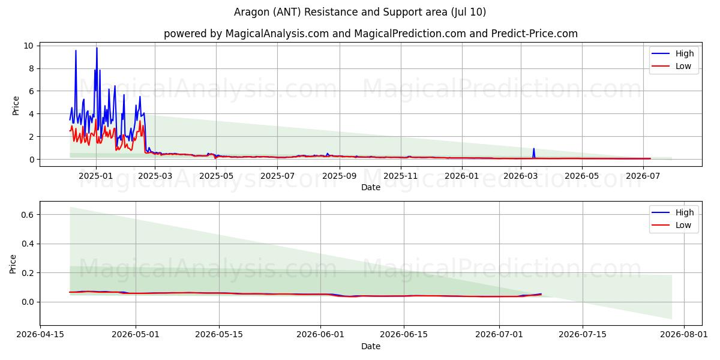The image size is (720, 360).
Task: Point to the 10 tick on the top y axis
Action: pos(28,46)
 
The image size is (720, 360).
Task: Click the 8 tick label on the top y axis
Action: pos(31,68)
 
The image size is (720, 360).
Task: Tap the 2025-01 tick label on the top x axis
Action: pos(96,176)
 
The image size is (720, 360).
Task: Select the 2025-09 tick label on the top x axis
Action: pos(340,176)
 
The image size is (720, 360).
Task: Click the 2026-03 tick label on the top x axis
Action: pos(521,176)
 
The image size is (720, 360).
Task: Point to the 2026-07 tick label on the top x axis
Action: pos(643,176)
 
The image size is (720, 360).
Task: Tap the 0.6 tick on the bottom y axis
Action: pos(28,215)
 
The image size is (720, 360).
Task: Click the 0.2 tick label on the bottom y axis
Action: pos(28,273)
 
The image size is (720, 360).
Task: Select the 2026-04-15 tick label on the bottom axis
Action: pos(40,335)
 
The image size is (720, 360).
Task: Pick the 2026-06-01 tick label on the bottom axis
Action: pos(320,335)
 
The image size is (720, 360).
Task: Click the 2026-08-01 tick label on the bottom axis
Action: pos(683,335)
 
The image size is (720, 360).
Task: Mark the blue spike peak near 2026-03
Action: pos(533,149)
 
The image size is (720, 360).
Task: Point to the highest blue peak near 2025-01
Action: pos(97,48)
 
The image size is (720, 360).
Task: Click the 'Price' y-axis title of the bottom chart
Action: pos(13,264)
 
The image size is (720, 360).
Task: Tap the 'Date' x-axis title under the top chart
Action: pos(371,187)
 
